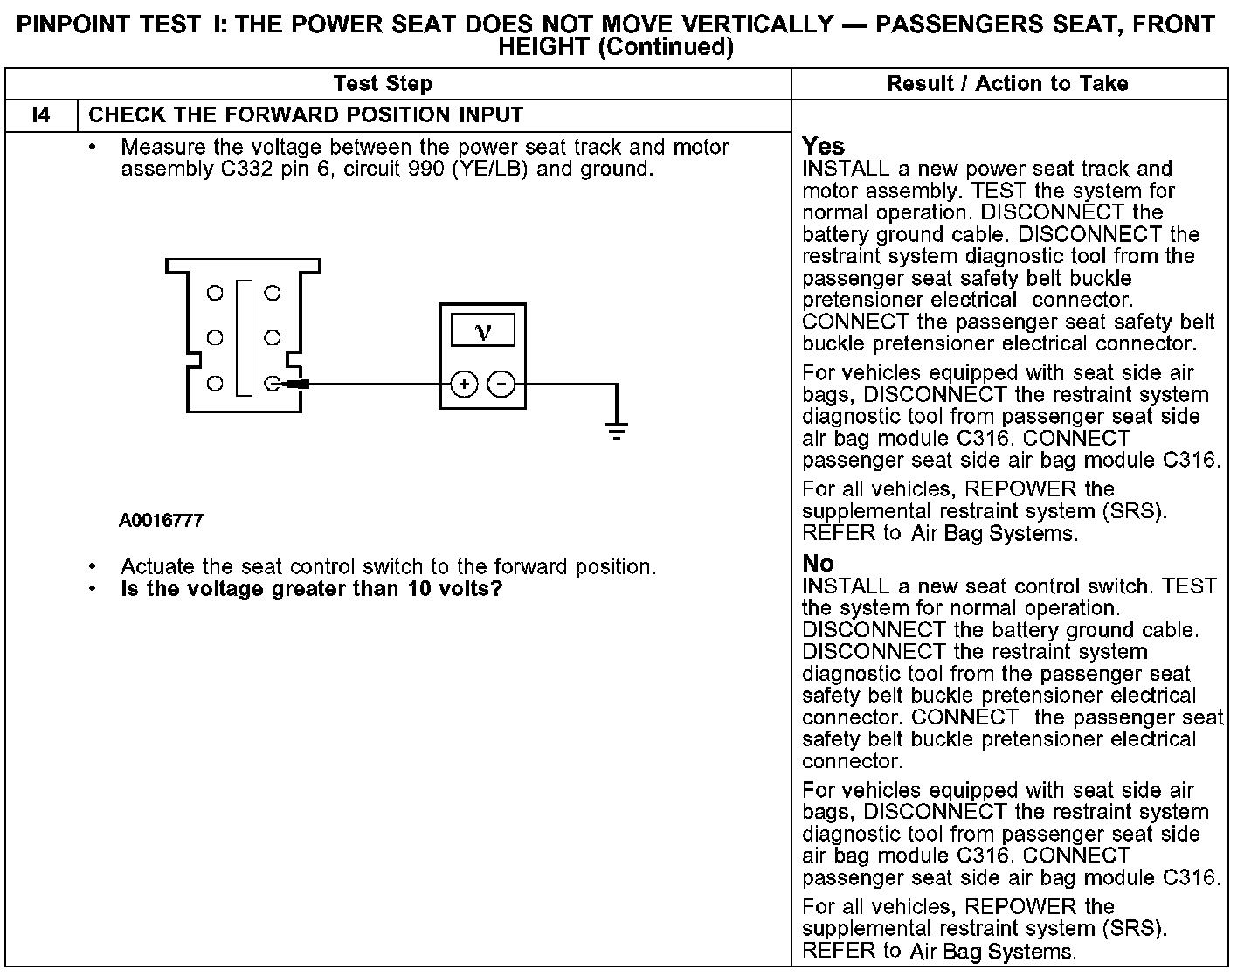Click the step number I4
[x=41, y=115]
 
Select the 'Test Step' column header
[x=383, y=84]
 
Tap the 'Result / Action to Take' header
[x=1007, y=84]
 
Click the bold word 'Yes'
[x=823, y=146]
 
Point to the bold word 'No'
[x=818, y=564]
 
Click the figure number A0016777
[x=162, y=521]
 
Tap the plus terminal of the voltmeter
[x=464, y=384]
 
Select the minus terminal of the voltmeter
[x=501, y=384]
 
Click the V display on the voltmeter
[x=482, y=331]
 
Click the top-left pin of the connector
[x=214, y=294]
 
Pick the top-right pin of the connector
[x=272, y=294]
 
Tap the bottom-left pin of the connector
[x=214, y=383]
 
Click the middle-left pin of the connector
[x=214, y=337]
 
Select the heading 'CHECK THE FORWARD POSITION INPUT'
[x=306, y=115]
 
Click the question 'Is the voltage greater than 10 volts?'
[x=312, y=589]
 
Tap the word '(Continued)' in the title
[x=665, y=47]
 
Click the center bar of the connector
[x=244, y=337]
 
